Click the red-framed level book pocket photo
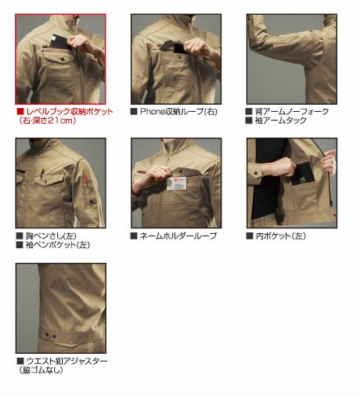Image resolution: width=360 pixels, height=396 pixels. click(x=60, y=59)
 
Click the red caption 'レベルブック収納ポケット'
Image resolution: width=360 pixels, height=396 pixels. click(x=70, y=112)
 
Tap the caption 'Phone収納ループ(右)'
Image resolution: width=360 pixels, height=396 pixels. click(x=178, y=112)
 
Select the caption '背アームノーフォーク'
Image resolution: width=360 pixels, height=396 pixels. click(x=292, y=112)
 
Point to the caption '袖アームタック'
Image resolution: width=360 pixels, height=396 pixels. click(x=280, y=121)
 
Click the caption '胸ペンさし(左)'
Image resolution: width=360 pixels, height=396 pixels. click(x=51, y=236)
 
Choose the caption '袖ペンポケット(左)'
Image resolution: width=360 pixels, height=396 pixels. click(x=58, y=245)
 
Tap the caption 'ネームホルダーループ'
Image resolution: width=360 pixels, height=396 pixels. click(x=178, y=236)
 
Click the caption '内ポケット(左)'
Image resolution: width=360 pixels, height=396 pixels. click(x=281, y=236)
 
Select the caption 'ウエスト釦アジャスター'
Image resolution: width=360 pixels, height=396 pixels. click(x=67, y=362)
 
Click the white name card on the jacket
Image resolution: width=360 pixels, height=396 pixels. click(x=177, y=183)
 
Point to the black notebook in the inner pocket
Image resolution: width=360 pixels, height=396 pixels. click(x=301, y=173)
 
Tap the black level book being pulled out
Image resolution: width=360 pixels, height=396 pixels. click(x=60, y=41)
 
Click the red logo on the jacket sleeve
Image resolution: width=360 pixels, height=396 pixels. click(x=85, y=182)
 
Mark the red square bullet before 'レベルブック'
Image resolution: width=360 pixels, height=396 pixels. click(x=20, y=112)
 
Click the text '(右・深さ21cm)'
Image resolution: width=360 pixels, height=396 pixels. click(x=47, y=121)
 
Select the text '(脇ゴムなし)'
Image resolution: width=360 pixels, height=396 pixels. click(x=41, y=370)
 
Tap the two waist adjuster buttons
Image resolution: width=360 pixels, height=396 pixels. click(x=51, y=336)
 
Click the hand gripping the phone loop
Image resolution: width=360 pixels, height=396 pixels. click(x=199, y=46)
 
